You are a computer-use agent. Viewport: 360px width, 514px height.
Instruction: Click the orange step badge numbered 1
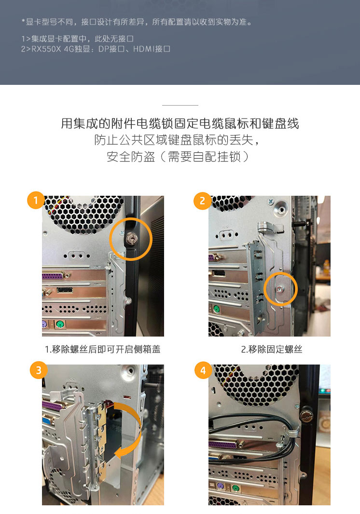coord(36,200)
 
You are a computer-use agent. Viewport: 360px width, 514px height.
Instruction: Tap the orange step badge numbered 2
coord(202,201)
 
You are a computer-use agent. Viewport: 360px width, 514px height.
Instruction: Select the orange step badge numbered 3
coord(39,370)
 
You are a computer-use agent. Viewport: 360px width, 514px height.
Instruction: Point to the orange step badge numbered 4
coord(203,370)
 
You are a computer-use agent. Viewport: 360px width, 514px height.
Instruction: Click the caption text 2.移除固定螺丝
coord(271,350)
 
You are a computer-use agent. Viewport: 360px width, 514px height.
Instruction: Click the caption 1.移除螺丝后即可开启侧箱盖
coord(103,350)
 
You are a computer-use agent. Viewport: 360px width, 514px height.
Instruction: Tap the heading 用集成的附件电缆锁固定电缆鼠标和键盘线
coord(180,123)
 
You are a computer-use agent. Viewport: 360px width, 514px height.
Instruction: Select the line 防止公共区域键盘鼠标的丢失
coord(177,140)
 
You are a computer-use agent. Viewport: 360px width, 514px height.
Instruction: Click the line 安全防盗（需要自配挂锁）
coord(178,157)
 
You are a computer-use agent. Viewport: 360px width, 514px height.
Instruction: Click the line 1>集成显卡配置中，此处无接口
coord(77,39)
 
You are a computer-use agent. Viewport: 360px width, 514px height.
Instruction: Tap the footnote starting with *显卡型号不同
coord(137,22)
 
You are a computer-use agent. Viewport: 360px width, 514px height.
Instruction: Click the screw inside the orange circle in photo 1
coord(131,238)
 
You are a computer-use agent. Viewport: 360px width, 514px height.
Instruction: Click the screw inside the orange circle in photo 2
coord(280,289)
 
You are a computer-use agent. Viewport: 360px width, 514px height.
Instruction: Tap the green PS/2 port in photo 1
coord(59,325)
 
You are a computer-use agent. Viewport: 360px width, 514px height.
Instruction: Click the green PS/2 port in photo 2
coord(216,309)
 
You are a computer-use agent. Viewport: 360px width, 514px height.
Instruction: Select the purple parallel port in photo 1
coord(56,276)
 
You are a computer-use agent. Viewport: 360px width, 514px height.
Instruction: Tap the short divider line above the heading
coord(180,105)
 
